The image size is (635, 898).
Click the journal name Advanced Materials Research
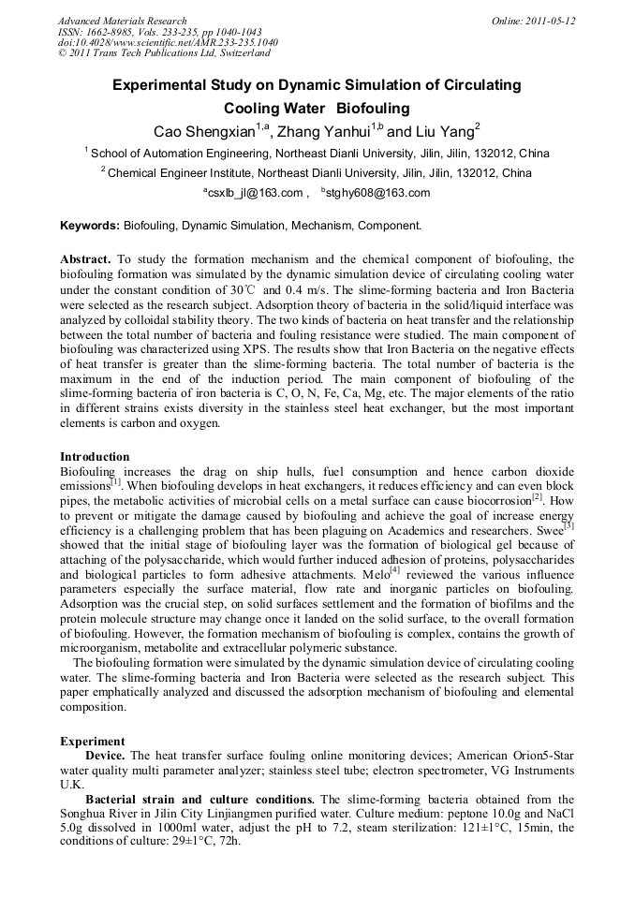pos(123,21)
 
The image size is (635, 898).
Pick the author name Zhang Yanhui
pos(324,130)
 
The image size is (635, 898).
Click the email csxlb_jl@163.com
pos(257,194)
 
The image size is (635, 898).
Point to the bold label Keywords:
pos(90,226)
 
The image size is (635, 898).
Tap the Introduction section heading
pos(95,457)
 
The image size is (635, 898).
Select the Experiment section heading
pos(92,742)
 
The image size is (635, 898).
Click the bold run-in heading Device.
pos(105,755)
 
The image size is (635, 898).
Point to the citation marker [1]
pos(116,482)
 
